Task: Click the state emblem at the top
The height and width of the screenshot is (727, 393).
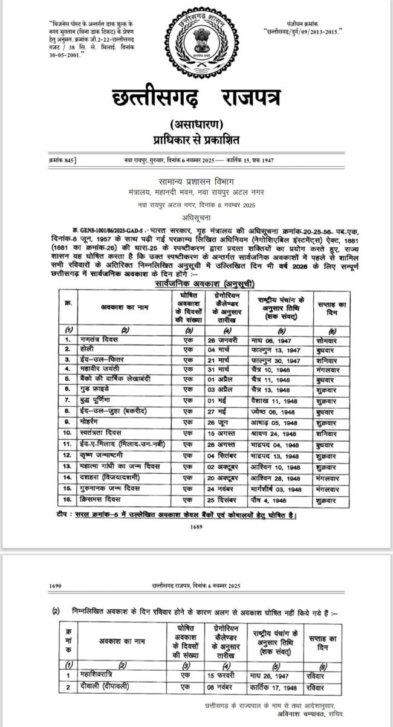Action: tap(197, 41)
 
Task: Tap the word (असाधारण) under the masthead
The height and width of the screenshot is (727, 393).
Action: tap(197, 126)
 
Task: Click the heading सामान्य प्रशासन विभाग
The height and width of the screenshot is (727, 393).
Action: tap(197, 182)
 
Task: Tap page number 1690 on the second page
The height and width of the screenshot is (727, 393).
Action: tap(54, 586)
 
